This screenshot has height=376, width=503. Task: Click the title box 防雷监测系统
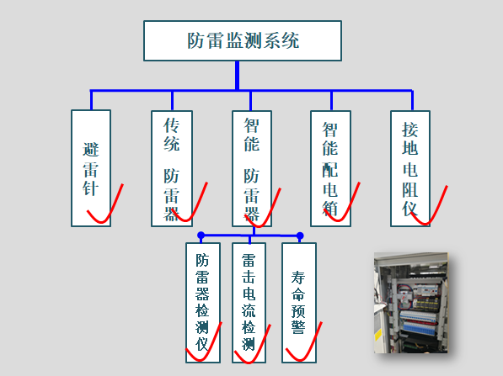[x=243, y=40]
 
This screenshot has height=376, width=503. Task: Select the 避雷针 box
[x=91, y=168]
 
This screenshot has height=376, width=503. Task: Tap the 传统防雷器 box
[x=172, y=169]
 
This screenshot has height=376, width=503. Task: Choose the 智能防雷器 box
[x=252, y=169]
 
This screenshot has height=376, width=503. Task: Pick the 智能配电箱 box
[x=331, y=169]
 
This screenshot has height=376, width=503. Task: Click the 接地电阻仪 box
[x=410, y=169]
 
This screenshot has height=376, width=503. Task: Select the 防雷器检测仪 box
[x=203, y=303]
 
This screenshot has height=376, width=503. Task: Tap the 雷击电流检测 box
[x=249, y=303]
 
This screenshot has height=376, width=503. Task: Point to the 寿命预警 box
[x=299, y=303]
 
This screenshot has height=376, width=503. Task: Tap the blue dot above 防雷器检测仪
[x=201, y=236]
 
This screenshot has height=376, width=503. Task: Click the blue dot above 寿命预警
[x=300, y=236]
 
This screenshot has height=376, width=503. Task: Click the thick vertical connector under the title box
[x=237, y=76]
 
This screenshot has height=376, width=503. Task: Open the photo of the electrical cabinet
[x=410, y=303]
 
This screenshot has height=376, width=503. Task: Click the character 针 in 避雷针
[x=91, y=188]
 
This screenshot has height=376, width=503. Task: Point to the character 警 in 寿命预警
[x=298, y=327]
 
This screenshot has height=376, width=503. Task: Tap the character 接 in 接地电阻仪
[x=410, y=130]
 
